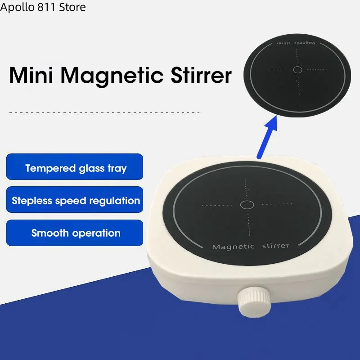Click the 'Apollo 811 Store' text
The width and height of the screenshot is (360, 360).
coord(43,7)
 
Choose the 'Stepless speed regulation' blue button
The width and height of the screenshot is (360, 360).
coord(75,200)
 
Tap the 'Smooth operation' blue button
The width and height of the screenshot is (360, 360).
coord(75,233)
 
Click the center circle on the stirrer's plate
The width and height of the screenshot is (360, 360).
coord(247,205)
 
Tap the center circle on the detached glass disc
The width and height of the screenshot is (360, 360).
coord(297,70)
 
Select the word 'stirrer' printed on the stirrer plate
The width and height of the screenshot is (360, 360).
coord(274,246)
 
